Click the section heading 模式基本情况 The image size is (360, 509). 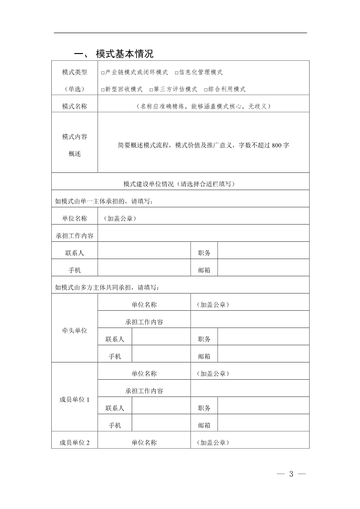pos(125,54)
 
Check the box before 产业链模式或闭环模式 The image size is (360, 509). pos(103,73)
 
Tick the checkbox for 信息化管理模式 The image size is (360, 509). pos(177,73)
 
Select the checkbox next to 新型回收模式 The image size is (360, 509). pos(103,90)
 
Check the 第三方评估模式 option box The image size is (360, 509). pos(151,90)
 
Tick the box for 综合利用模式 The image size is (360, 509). pos(206,90)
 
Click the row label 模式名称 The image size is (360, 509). pos(74,107)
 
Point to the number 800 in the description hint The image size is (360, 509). pos(277,146)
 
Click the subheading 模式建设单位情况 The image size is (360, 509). pos(150,184)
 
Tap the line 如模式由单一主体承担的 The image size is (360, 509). pos(104,201)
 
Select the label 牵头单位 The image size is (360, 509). pos(74,331)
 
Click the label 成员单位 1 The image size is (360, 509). pos(74,400)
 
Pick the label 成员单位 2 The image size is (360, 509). pos(74,443)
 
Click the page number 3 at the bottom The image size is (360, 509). pos(291,474)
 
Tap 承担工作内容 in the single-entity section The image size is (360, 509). pos(74,236)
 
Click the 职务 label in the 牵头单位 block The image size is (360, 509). pos(204,339)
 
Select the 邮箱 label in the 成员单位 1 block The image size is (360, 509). pos(204,426)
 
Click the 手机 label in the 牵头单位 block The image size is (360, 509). pos(115,357)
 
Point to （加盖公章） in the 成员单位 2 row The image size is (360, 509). pos(213,443)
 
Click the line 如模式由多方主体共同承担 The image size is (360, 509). pos(107,287)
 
